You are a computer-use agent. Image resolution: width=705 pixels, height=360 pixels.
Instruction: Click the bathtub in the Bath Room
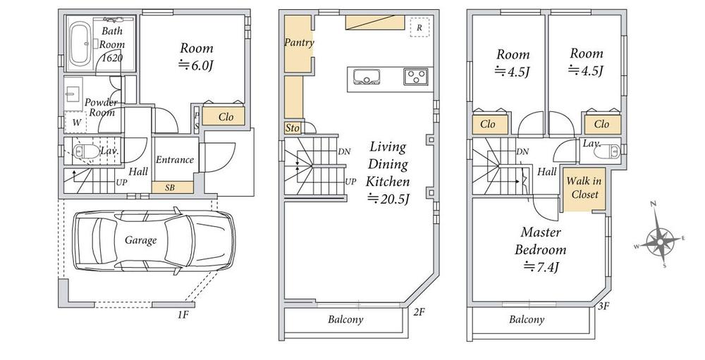coord(81,44)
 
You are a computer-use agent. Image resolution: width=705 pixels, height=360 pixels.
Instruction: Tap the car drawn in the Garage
coord(154,240)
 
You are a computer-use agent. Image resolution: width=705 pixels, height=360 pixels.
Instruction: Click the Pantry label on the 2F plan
coord(299,43)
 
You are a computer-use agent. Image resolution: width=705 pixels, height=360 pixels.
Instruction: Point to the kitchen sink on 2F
coord(367,76)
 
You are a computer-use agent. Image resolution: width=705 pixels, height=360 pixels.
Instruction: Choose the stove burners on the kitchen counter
coord(416,76)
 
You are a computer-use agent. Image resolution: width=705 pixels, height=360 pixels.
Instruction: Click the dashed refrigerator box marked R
coord(419,27)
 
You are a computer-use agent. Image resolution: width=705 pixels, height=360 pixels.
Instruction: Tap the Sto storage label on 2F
coord(293,128)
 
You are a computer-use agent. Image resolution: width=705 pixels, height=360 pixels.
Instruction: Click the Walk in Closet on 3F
coord(584,188)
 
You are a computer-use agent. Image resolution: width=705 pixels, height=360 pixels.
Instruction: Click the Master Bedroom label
coord(541,242)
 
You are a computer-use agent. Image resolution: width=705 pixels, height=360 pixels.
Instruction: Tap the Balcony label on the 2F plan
coord(345,320)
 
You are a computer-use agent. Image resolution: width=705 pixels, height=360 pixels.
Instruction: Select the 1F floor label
coord(182,315)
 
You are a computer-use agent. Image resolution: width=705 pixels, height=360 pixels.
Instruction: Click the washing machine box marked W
coord(75,123)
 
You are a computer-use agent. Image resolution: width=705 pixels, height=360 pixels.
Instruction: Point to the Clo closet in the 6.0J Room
coord(224,116)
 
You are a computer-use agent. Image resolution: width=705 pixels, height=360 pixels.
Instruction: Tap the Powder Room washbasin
coord(73,94)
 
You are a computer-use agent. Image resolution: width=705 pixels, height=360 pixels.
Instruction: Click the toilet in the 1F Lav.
coord(85,152)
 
